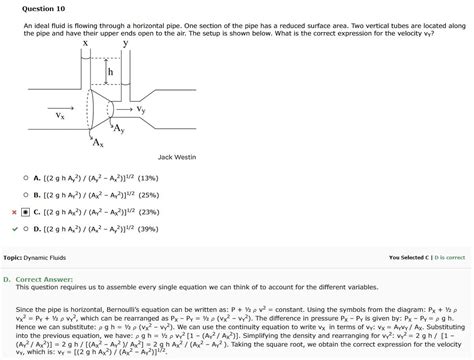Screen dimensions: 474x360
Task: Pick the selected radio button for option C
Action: pos(24,212)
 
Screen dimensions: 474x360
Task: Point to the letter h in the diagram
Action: pos(110,73)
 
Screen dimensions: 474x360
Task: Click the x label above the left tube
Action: pos(85,45)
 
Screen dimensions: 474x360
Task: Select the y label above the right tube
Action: pos(125,45)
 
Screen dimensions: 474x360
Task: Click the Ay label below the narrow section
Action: pos(118,130)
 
